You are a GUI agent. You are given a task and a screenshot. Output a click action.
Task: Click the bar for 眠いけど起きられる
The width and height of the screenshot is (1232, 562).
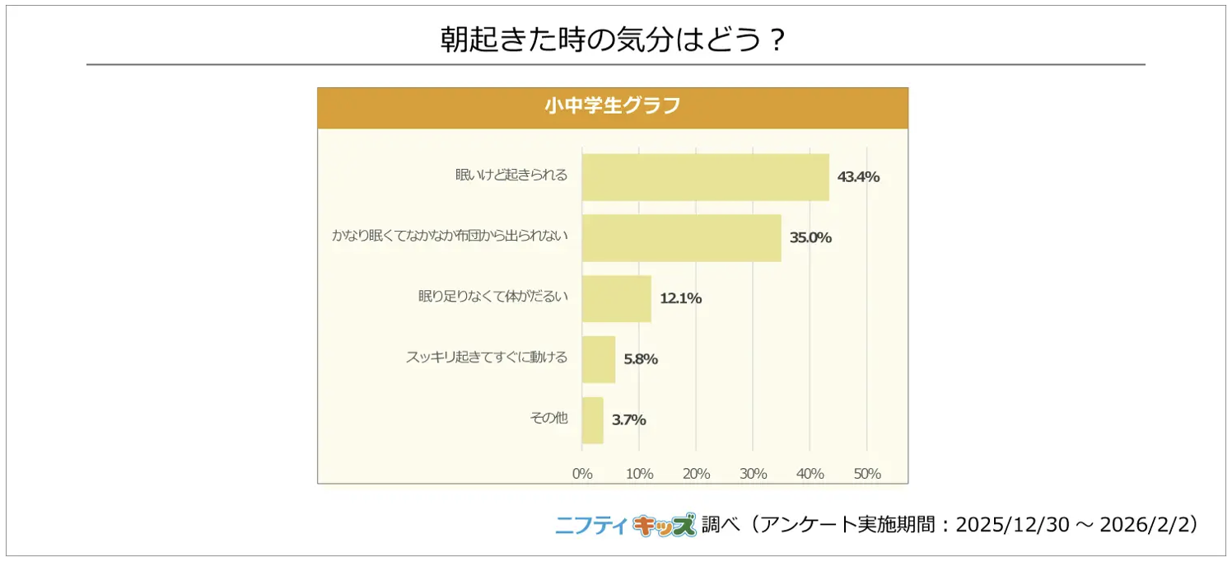coord(705,176)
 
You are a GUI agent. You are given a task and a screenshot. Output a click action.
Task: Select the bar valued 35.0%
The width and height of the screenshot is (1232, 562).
coord(681,237)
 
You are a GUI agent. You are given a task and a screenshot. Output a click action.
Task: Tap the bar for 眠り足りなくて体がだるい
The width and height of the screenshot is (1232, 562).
coord(616,298)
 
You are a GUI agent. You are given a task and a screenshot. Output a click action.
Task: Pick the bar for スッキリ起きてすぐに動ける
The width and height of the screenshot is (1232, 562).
coord(598,359)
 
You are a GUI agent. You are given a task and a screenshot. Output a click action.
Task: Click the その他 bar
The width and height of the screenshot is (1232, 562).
coord(592,420)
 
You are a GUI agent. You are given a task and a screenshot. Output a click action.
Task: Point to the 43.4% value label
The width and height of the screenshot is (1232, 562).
coord(858,176)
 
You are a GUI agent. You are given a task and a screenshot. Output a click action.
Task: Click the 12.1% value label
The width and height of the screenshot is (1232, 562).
coord(680,298)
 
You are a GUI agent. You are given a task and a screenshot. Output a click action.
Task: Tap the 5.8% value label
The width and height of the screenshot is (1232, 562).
coord(641,359)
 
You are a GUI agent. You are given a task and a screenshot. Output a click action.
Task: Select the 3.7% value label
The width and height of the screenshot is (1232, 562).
coord(628,420)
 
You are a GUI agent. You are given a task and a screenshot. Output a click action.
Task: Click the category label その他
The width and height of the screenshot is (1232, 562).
coord(548,418)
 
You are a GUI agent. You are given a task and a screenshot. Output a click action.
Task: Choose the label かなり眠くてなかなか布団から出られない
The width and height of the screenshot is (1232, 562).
coord(450,236)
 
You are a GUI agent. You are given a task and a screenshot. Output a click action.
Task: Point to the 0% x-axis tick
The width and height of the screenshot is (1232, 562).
coord(582,474)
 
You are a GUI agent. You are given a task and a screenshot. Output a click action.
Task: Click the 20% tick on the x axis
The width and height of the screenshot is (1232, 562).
coord(697,474)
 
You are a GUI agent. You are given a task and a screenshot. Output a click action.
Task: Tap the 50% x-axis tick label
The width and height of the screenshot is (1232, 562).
coord(867,474)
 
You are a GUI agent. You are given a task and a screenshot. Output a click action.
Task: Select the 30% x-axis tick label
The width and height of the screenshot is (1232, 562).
coord(754,474)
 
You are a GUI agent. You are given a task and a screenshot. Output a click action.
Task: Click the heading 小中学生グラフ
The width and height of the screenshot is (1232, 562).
coord(612,106)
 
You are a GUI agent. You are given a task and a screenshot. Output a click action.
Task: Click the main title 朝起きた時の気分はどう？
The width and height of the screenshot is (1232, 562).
coord(614,40)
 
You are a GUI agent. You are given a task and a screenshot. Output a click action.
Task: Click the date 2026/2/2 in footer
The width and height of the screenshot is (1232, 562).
coord(1145,525)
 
